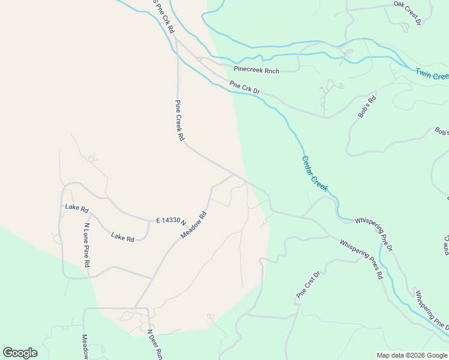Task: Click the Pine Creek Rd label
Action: [179, 120]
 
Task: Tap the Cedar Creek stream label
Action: [314, 174]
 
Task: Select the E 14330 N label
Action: [171, 221]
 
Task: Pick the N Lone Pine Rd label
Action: [87, 245]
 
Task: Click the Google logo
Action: [20, 352]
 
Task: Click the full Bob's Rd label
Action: [367, 105]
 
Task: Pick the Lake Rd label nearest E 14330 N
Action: [122, 238]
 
